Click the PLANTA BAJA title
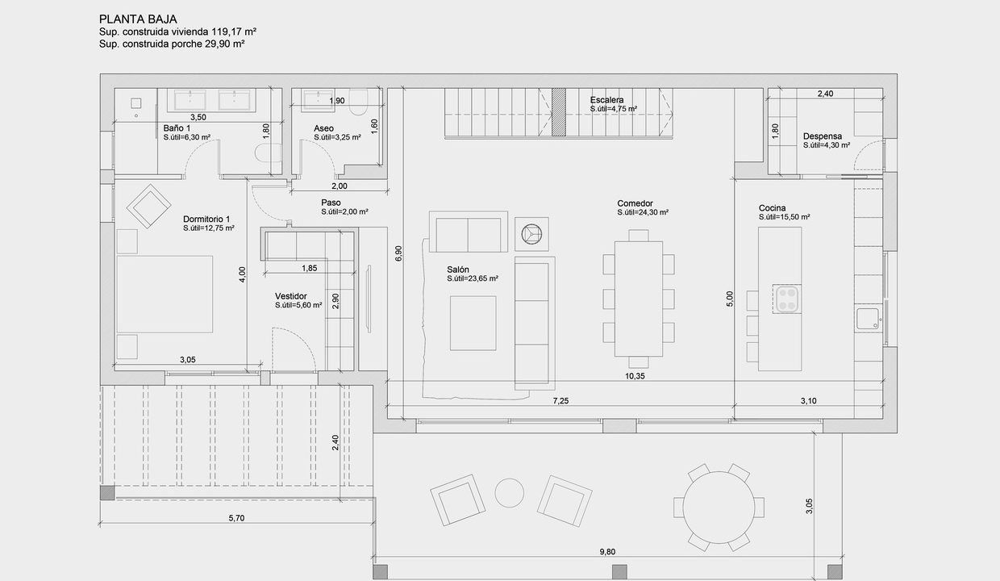(x=138, y=19)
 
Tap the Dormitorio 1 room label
(x=206, y=219)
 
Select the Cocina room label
(x=773, y=208)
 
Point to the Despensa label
(x=823, y=136)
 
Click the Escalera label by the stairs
(x=606, y=100)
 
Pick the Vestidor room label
(x=291, y=296)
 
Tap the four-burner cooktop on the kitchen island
(x=786, y=299)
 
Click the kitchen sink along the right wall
(x=868, y=319)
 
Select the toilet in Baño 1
(x=269, y=153)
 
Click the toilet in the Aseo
(x=359, y=102)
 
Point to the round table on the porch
(x=719, y=508)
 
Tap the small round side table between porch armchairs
(x=510, y=493)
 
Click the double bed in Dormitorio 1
(x=165, y=295)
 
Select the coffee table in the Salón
(x=473, y=324)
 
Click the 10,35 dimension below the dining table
(x=635, y=377)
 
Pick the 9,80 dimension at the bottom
(x=607, y=552)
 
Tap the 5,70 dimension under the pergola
(x=236, y=518)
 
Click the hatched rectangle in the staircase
(x=559, y=112)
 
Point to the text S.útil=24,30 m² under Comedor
(x=643, y=212)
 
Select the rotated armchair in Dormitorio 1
(x=148, y=207)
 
